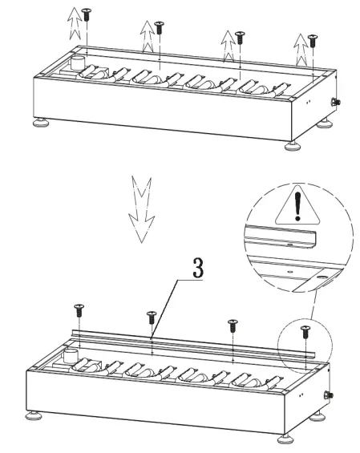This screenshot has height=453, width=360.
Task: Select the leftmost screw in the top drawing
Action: (x=85, y=14)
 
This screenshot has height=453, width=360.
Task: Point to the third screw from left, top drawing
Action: (x=240, y=35)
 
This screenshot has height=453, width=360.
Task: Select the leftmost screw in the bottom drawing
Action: (x=79, y=309)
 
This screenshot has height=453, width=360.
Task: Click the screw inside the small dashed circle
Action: (x=305, y=330)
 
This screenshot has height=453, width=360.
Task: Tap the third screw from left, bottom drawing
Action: (x=233, y=324)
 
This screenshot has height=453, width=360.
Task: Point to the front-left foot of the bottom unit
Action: (x=34, y=416)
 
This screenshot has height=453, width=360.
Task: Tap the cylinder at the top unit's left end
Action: (x=79, y=63)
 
